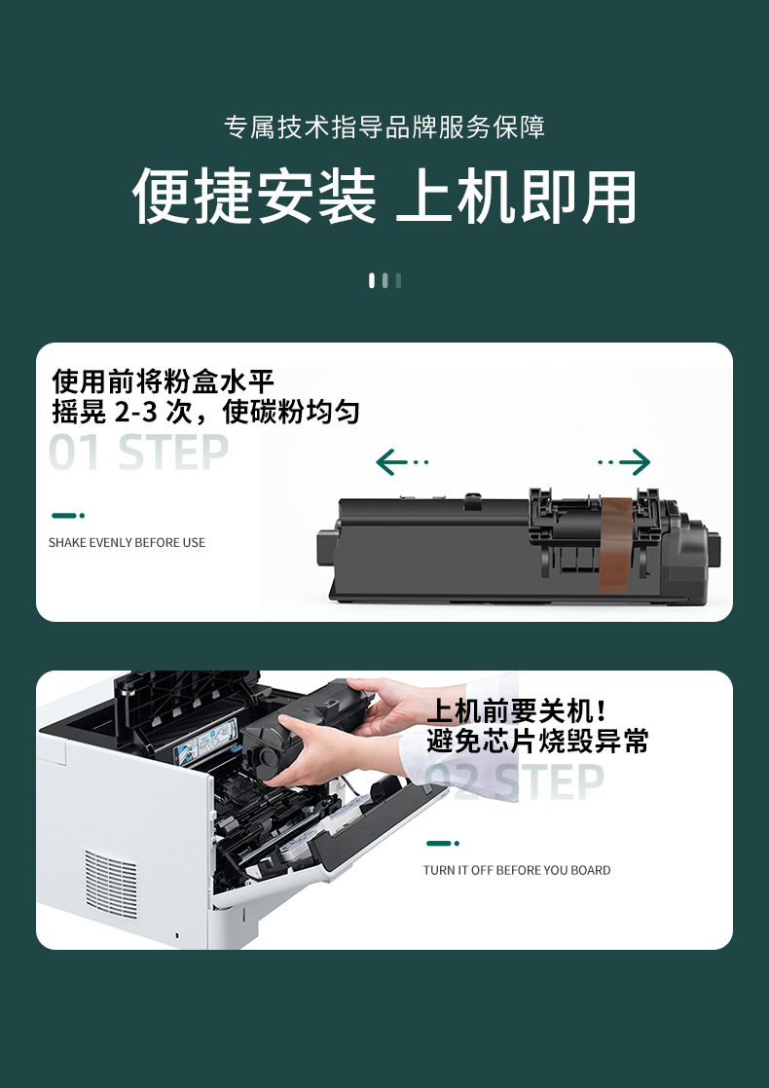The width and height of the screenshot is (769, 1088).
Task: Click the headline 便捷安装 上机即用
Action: (384, 198)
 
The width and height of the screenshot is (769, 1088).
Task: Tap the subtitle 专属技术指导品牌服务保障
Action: (384, 127)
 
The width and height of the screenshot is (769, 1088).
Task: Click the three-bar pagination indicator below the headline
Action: (384, 280)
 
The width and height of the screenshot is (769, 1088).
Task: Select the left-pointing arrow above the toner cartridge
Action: (400, 462)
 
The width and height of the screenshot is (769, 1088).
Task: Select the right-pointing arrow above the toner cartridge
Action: (625, 462)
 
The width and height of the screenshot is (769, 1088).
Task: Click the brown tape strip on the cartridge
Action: (614, 544)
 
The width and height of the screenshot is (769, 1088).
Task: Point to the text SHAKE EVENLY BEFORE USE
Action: (127, 542)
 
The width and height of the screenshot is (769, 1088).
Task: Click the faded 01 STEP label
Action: (138, 453)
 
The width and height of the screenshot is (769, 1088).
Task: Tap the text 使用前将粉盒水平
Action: (164, 381)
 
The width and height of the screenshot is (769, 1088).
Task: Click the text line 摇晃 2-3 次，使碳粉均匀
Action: (205, 412)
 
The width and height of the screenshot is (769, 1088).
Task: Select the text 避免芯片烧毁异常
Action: (537, 742)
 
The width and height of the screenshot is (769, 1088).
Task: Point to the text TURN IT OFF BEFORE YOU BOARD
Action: (517, 870)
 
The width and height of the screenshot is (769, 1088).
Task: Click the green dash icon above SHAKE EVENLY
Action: (67, 515)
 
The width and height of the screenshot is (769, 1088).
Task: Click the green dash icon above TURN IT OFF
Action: (442, 843)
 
